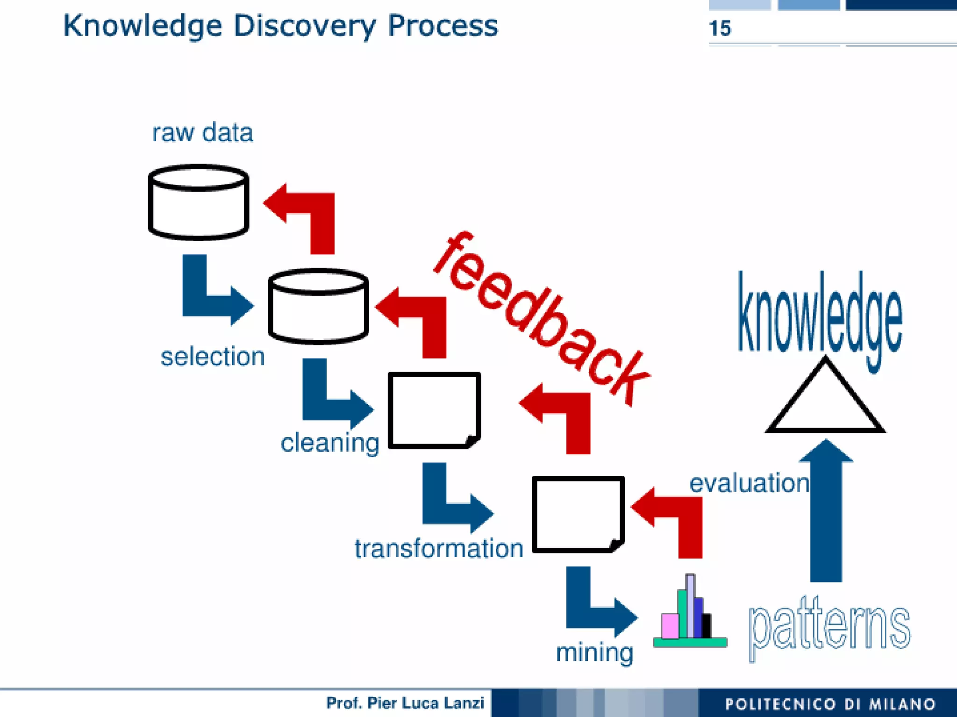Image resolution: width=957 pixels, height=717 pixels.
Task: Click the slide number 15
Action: pyautogui.click(x=720, y=29)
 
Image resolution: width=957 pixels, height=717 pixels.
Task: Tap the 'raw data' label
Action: pyautogui.click(x=202, y=133)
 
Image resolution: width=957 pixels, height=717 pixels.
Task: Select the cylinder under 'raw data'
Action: pyautogui.click(x=198, y=202)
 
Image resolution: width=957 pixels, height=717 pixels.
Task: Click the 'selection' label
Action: pyautogui.click(x=213, y=357)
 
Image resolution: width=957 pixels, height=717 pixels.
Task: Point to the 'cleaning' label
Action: pyautogui.click(x=329, y=443)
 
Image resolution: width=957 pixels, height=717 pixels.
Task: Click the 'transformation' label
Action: pyautogui.click(x=438, y=548)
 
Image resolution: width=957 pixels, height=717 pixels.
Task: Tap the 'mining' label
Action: pyautogui.click(x=594, y=652)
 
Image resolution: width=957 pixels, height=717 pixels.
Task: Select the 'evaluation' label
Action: pyautogui.click(x=749, y=483)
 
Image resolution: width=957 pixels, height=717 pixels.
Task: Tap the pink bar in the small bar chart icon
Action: pyautogui.click(x=670, y=626)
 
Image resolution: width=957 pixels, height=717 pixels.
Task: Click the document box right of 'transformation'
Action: pyautogui.click(x=578, y=514)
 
